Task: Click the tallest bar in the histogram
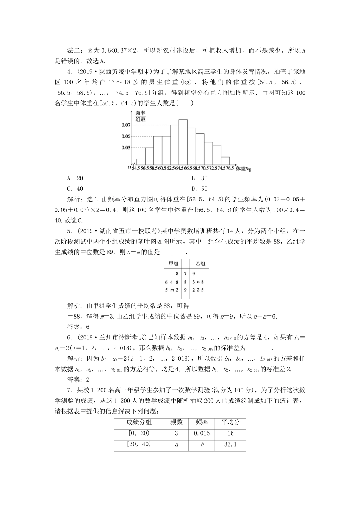coord(183,143)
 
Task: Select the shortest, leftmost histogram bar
coord(141,162)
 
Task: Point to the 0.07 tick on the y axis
coord(126,125)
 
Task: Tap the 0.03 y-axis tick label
coord(126,148)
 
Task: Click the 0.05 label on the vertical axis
coord(126,136)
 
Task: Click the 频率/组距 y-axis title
coord(141,116)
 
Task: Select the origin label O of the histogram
coord(129,167)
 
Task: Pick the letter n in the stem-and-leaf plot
coord(198,282)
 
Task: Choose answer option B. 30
coord(199,178)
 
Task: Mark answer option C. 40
coord(75,189)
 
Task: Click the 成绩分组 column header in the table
coord(139,422)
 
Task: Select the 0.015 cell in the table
coord(202,433)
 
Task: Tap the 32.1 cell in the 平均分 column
coord(230,444)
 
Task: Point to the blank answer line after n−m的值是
coord(173,251)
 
